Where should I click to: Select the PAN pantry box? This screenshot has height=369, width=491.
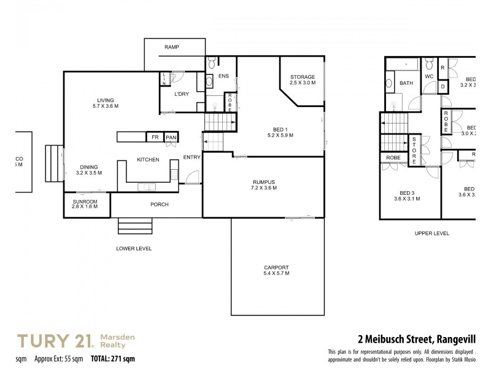171,137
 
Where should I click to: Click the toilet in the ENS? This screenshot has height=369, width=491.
211,62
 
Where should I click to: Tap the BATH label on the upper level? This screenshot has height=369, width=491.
406,83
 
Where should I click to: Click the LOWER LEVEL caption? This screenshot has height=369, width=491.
134,248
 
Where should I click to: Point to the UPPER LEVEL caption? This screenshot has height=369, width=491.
431,234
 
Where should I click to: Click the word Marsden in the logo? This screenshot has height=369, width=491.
118,337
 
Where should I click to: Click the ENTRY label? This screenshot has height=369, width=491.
191,157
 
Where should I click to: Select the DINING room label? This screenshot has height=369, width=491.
88,169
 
